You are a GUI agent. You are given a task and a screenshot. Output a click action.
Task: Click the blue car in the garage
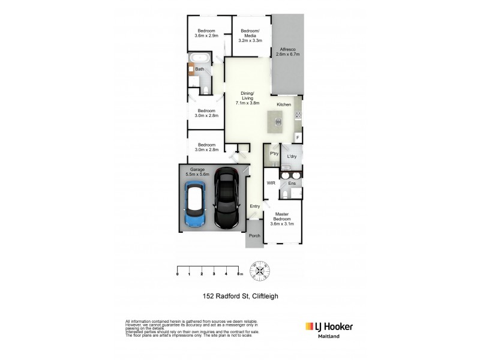pyautogui.click(x=196, y=205)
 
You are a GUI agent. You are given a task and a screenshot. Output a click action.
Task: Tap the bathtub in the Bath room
pyautogui.click(x=198, y=59)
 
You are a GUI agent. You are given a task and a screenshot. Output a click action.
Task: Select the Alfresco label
pyautogui.click(x=287, y=52)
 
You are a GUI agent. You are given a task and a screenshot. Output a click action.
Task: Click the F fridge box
pyautogui.click(x=298, y=138)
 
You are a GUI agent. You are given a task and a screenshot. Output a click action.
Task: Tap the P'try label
pyautogui.click(x=274, y=154)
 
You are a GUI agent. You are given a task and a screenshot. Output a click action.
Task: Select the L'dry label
pyautogui.click(x=292, y=157)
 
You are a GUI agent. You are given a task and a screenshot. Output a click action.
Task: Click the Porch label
pyautogui.click(x=254, y=236)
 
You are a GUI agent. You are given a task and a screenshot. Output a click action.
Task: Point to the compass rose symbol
pyautogui.click(x=260, y=271)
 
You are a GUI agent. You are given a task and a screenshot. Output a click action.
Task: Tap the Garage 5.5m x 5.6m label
pyautogui.click(x=198, y=172)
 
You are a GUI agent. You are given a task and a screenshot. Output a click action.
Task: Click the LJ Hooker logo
pyautogui.click(x=329, y=326)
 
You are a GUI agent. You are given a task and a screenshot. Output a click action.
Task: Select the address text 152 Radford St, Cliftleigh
pyautogui.click(x=239, y=295)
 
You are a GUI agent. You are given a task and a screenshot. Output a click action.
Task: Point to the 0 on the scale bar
pyautogui.click(x=178, y=274)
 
